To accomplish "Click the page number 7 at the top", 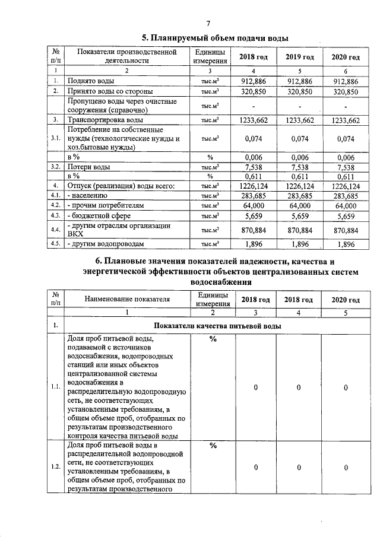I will [208, 24].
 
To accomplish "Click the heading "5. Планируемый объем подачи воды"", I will [214, 38].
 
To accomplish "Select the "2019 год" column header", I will [299, 57].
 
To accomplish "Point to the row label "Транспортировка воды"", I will [101, 120].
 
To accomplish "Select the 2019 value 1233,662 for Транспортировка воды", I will [300, 120].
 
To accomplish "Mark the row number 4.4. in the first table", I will [56, 230].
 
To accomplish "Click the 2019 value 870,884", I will [300, 230].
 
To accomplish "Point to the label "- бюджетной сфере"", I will [99, 215].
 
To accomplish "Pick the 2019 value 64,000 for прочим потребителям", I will [300, 205].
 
